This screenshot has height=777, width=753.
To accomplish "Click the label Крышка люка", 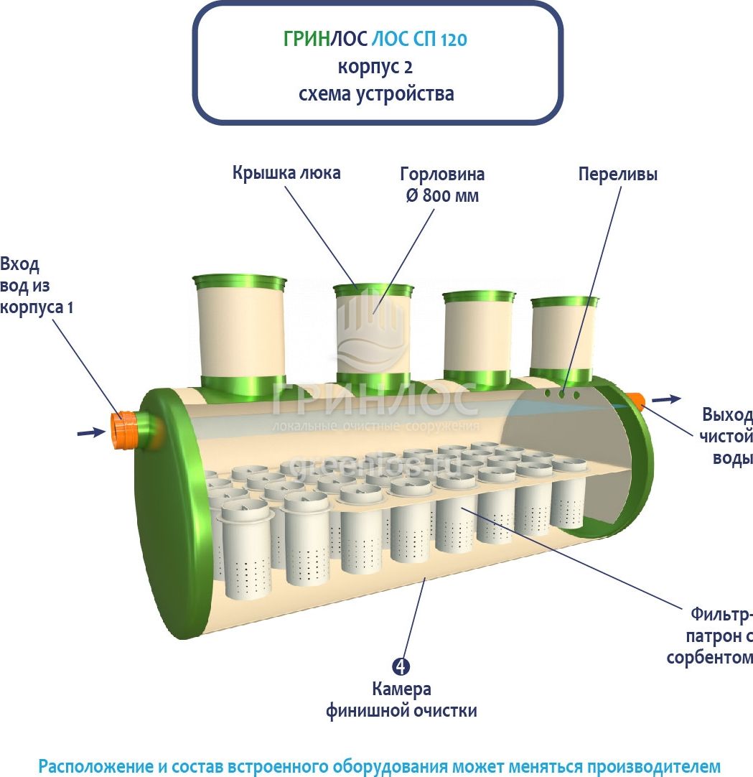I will [x=286, y=173].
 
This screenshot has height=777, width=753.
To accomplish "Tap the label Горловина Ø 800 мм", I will [x=441, y=185].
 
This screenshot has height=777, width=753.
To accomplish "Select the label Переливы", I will [x=617, y=175].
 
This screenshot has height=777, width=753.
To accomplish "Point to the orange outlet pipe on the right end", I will [x=636, y=401].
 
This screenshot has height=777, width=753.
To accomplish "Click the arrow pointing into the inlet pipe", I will [x=90, y=432].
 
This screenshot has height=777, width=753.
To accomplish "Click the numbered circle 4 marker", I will [x=401, y=666].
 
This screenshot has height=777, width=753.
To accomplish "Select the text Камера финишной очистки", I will [x=401, y=700].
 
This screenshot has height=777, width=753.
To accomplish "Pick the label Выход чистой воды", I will [x=726, y=437].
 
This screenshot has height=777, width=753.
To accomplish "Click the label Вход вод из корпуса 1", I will [x=36, y=285].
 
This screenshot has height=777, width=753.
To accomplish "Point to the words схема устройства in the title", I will [x=376, y=94].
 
